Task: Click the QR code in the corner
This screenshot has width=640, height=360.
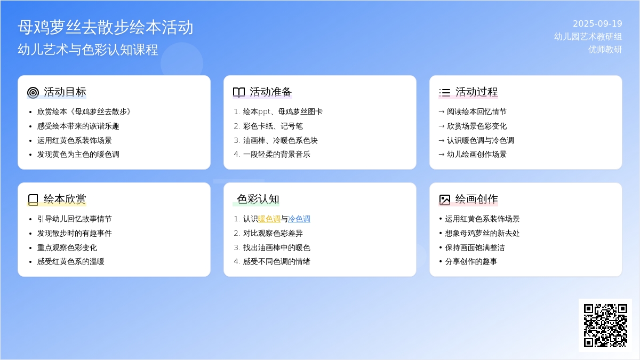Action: point(605,325)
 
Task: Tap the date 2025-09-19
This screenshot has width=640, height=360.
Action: point(597,23)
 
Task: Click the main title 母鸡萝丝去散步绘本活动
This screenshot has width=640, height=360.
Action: point(106,27)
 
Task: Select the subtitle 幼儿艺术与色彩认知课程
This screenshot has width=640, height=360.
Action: point(87,50)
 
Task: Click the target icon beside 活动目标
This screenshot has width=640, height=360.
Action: point(33,93)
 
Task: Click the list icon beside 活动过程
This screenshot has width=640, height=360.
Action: point(445,93)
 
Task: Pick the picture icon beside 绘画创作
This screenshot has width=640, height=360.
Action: point(445,199)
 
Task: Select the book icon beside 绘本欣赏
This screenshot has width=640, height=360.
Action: point(33,199)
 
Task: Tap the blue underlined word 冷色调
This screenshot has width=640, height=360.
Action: point(299,219)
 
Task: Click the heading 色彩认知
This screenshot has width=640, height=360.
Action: point(258,199)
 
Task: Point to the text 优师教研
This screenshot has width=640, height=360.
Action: point(605,50)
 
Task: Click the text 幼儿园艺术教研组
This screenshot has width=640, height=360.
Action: point(588,37)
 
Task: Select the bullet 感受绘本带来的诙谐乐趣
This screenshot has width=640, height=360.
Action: point(78,126)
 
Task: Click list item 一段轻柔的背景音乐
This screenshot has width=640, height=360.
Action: point(277,154)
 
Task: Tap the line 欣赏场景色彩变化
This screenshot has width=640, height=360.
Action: point(477,126)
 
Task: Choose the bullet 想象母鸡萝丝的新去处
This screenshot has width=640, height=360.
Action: point(482,233)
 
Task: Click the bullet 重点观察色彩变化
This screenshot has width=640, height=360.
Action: point(67,247)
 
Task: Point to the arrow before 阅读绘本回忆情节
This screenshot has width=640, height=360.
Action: point(442,111)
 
